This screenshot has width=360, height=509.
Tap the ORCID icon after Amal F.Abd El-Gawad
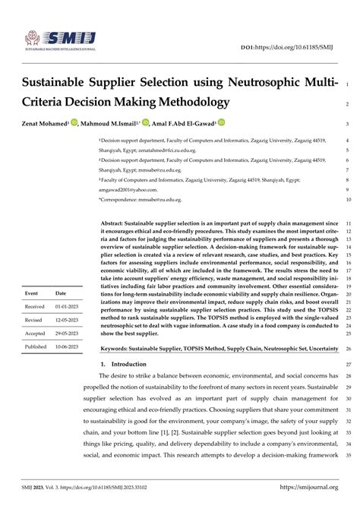(x=221, y=122)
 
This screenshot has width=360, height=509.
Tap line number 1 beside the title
(x=346, y=83)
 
